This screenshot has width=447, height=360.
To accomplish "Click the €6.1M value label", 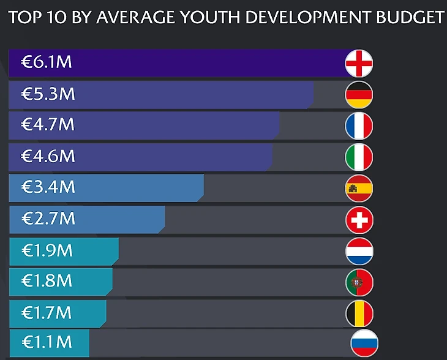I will click(48, 62).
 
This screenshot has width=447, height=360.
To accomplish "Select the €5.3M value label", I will click(48, 94).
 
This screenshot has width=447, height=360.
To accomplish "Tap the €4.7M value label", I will click(48, 125).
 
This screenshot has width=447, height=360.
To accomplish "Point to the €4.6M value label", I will click(48, 156).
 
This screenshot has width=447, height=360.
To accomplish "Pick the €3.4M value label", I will click(48, 187).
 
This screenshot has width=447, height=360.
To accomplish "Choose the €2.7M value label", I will click(48, 219).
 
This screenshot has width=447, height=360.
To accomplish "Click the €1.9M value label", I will click(47, 250).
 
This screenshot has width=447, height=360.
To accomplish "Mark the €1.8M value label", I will click(47, 281).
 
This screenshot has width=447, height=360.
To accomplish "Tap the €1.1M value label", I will click(47, 341).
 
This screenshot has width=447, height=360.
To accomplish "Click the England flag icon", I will click(359, 63).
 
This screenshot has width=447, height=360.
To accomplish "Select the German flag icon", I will click(359, 94).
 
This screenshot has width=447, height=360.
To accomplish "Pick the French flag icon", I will click(359, 126).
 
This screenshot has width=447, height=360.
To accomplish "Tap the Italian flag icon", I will click(359, 157).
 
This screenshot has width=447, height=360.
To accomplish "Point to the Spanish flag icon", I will click(359, 188).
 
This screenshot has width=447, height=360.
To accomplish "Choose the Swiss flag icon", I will click(359, 219).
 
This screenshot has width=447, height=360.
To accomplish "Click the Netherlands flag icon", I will click(359, 250).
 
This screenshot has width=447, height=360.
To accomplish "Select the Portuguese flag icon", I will click(359, 282).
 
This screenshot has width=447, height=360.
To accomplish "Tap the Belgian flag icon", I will click(359, 313).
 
